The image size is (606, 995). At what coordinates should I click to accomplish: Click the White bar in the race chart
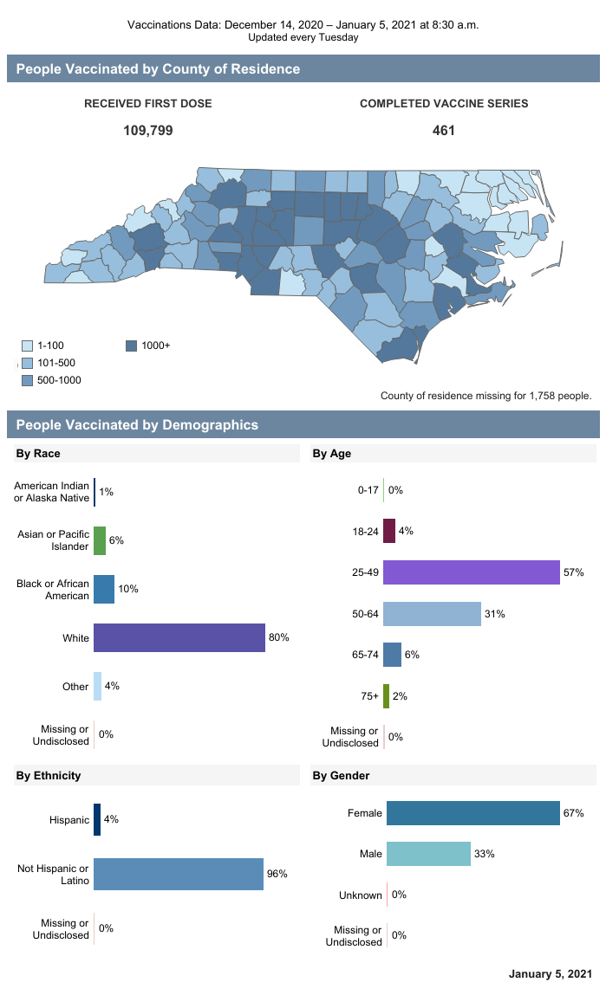179,637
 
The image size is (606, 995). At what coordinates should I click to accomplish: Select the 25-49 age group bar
471,573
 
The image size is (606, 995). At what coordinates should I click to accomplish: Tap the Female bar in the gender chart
472,813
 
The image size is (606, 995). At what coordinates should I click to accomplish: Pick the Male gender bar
428,854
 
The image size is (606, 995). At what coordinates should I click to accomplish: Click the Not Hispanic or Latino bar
178,874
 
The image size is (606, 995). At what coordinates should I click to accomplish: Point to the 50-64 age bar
432,614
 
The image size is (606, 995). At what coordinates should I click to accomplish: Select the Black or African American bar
104,589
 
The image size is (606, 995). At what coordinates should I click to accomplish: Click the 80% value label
278,637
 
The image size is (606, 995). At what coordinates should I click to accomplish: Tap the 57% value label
573,573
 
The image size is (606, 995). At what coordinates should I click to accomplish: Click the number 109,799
148,131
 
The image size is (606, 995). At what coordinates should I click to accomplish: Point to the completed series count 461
444,131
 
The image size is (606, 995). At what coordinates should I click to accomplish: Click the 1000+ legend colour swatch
132,346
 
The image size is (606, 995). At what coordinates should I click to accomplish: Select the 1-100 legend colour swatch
27,346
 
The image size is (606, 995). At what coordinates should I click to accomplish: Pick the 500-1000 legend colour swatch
27,380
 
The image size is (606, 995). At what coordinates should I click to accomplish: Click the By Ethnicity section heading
49,775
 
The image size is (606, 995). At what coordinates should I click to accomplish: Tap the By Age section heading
332,453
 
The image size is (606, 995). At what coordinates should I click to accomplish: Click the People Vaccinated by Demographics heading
137,425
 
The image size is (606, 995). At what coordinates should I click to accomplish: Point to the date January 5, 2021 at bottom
551,974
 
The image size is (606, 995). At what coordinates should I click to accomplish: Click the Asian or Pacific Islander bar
100,540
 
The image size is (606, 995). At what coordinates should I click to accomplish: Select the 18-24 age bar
389,531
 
